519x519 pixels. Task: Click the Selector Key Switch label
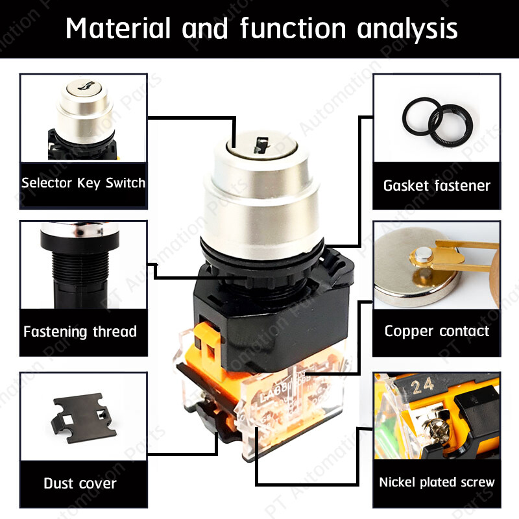(x=83, y=183)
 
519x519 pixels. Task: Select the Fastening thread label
(x=80, y=332)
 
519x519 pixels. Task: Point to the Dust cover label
(x=80, y=483)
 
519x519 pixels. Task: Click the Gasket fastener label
(x=437, y=186)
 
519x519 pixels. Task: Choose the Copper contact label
(x=437, y=331)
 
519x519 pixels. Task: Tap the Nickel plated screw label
(x=437, y=482)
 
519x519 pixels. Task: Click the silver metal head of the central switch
(x=261, y=195)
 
